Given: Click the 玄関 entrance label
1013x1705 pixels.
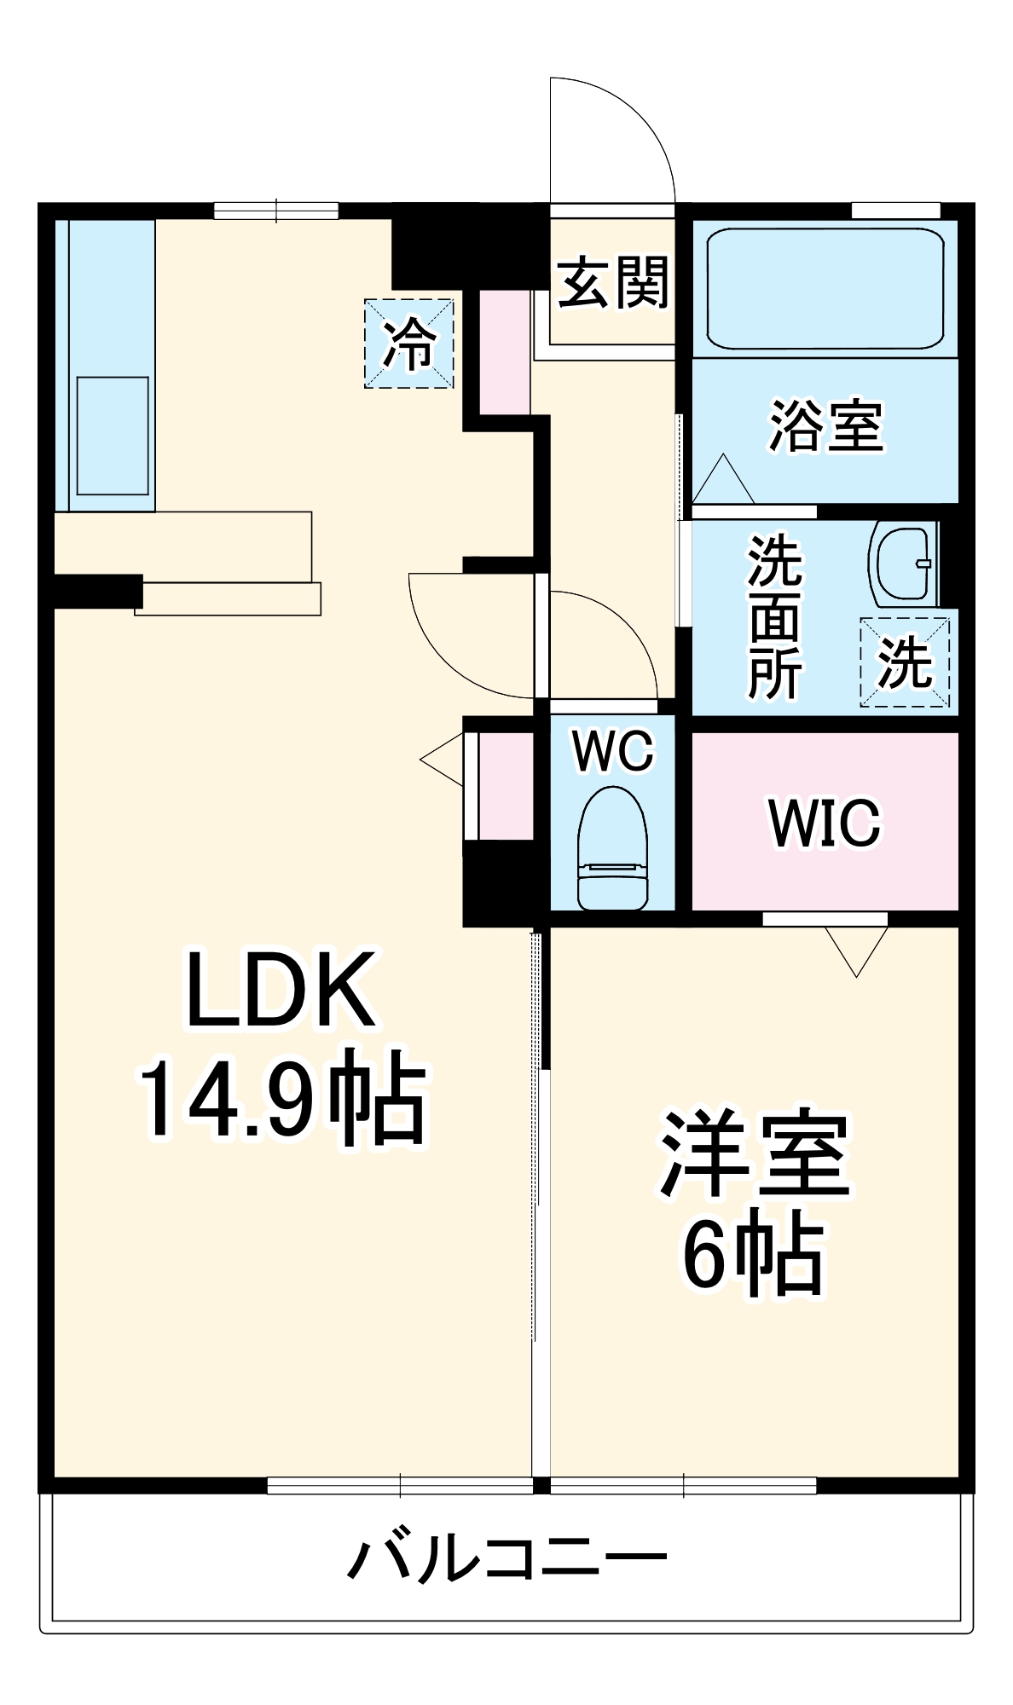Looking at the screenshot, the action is pos(613,282).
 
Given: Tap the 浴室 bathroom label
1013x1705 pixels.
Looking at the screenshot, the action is pos(826,425).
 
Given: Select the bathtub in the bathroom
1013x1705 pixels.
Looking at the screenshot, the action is pos(825,288).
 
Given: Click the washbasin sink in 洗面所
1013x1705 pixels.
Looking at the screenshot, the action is pos(902,565).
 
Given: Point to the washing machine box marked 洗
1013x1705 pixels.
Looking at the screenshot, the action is pos(905,662).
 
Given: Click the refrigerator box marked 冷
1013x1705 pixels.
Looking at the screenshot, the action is pos(409,344).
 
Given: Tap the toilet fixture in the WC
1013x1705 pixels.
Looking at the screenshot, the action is pos(613,848).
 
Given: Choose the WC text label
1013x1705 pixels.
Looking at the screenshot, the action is pos(613,751).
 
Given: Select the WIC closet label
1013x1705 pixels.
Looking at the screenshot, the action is pos(825,823).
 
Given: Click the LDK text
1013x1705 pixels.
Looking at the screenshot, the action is pos(281,991).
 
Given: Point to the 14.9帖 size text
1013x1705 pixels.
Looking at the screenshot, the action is pos(282,1098).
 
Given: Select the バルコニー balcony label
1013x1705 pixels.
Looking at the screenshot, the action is pos(506,1558).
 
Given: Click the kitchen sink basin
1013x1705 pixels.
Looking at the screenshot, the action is pos(113,436).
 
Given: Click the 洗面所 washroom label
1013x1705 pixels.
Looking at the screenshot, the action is pos(775,617).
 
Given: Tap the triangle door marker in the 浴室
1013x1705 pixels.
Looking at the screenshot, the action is pos(723,479).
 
